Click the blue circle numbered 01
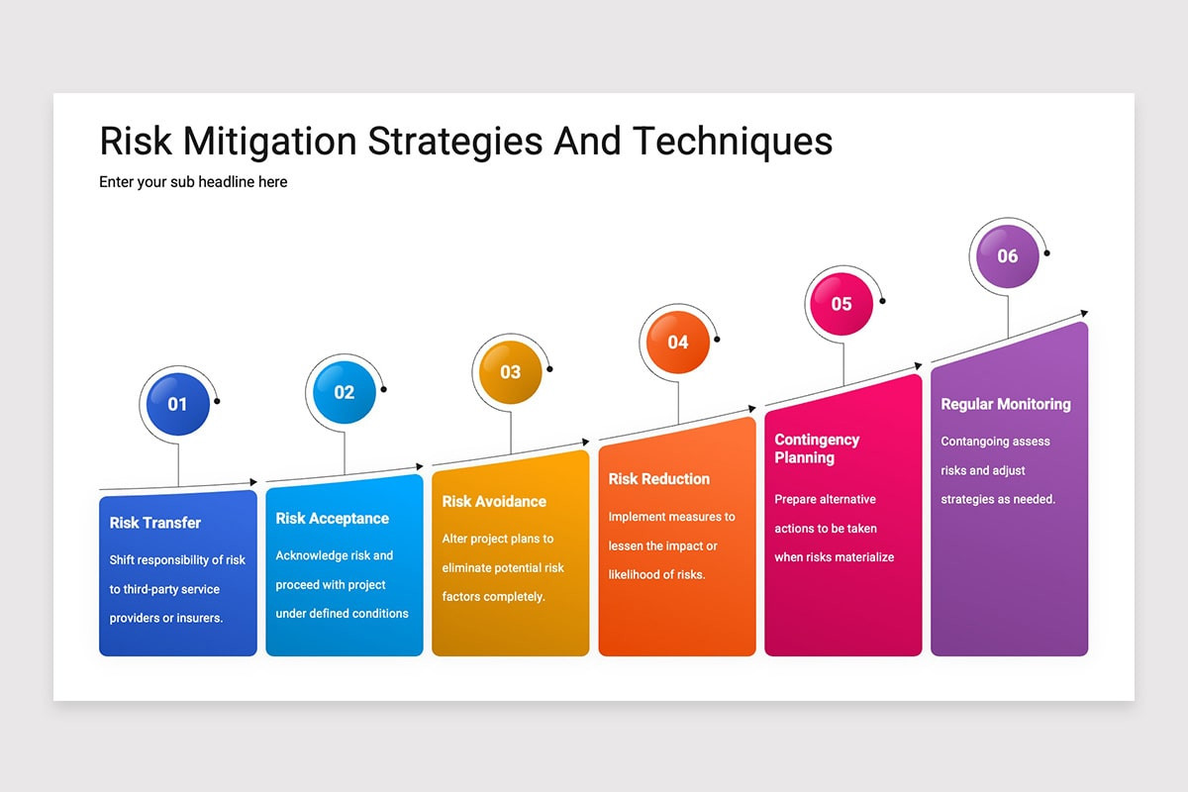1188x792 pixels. coord(177,403)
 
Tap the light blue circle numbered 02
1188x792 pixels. coord(344,392)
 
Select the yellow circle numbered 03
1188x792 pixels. coord(510,372)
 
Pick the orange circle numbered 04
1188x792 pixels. coord(677,343)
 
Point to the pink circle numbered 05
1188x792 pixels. coord(841,304)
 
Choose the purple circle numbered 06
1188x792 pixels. coord(1007,256)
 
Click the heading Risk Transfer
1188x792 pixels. coord(155,523)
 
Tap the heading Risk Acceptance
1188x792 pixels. coord(333,518)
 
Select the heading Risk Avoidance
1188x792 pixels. coord(494,501)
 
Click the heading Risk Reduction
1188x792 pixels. coord(658,478)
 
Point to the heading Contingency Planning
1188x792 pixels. coord(817,448)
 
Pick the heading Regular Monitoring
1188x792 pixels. coord(1005,404)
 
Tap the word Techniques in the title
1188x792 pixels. coord(733,142)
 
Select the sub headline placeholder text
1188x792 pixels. coord(193,182)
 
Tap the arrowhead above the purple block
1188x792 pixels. coord(1083,314)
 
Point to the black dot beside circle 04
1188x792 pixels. coord(717,339)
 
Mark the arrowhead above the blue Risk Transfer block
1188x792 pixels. coord(253,482)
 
